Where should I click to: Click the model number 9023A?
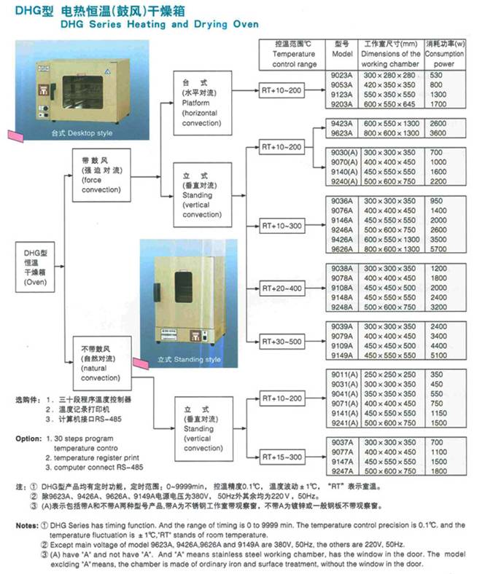tap(342, 74)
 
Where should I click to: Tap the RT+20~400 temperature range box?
tap(281, 288)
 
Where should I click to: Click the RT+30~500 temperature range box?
tap(281, 341)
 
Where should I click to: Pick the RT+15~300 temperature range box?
tap(281, 457)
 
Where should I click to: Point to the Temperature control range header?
tap(294, 54)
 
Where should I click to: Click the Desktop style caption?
tap(82, 134)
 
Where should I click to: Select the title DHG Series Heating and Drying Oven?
tap(160, 24)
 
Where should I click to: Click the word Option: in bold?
tap(28, 439)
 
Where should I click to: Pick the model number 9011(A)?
tap(342, 373)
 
